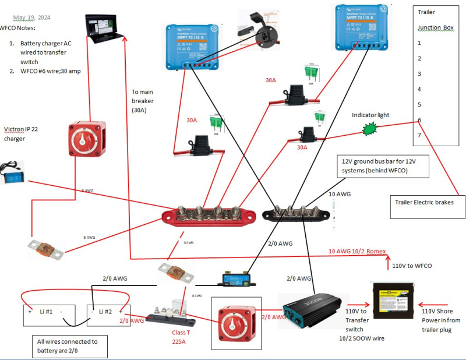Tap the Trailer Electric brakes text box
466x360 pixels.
tap(428, 202)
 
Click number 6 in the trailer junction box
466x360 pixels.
tap(419, 120)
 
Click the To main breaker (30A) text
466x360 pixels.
tap(144, 101)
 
